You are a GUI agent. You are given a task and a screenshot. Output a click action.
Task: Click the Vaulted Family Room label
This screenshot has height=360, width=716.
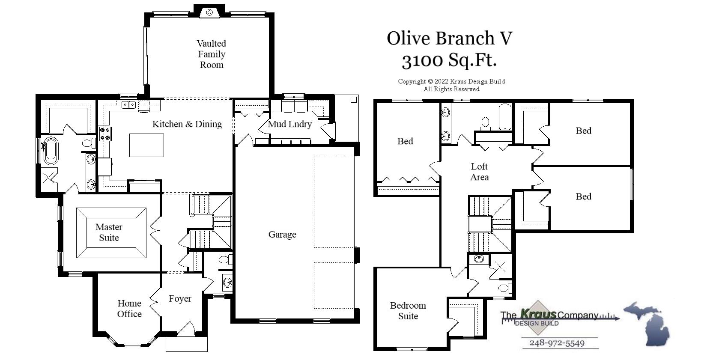211,54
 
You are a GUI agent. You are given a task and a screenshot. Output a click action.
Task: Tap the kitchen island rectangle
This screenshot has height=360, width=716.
146,145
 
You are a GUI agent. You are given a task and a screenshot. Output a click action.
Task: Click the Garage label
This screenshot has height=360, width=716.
282,235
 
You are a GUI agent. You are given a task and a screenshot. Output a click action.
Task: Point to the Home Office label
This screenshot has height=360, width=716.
129,309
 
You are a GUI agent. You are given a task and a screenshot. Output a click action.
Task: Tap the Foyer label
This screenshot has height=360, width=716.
180,299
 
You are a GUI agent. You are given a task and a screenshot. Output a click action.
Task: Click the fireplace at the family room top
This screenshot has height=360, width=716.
209,12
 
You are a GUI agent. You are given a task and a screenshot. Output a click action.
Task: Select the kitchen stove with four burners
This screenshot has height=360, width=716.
105,134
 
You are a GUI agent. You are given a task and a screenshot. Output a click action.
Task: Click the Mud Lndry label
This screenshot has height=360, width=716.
289,124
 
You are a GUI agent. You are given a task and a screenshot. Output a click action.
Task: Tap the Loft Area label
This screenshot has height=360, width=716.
479,172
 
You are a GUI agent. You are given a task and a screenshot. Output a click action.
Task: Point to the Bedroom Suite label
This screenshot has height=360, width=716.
408,311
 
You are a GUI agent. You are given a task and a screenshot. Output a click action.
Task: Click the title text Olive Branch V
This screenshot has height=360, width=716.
449,38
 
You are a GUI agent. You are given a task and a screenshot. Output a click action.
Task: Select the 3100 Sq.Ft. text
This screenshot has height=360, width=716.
449,60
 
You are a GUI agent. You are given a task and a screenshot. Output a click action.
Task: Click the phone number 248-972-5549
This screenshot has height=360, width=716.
557,343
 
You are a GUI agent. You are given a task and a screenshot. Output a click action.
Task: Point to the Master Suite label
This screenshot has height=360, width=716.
109,232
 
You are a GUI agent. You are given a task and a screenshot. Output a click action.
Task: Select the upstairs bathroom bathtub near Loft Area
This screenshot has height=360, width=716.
504,116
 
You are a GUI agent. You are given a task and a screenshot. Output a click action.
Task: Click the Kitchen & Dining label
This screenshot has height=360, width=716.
187,124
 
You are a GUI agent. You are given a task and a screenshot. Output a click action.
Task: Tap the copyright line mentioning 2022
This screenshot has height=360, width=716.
451,81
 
